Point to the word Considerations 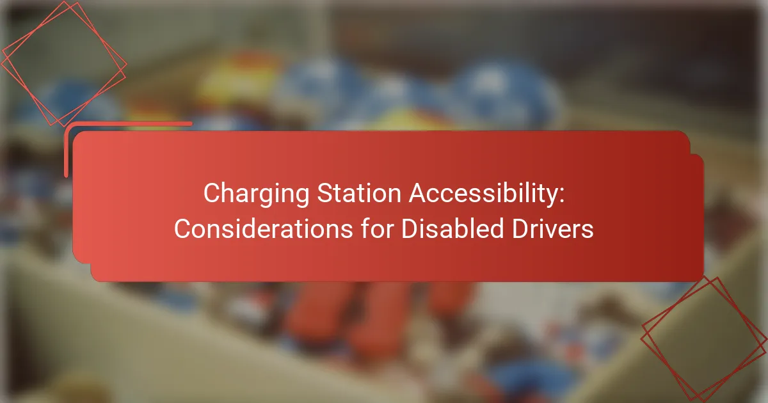point(262,229)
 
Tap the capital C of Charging point(210,193)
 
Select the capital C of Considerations point(181,229)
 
